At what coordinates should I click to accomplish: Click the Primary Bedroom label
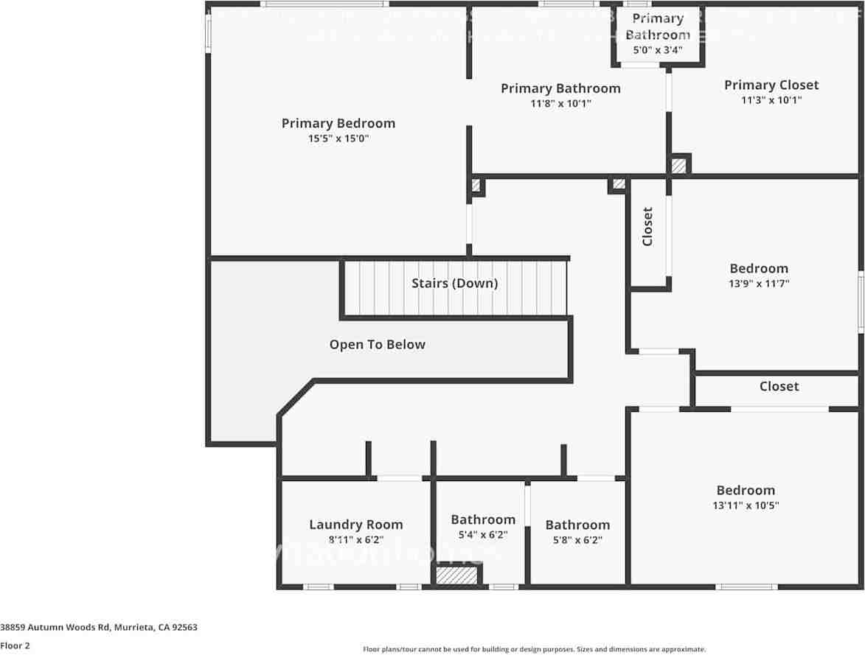(338, 123)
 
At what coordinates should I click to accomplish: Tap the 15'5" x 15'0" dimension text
(338, 139)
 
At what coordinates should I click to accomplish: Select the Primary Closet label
(771, 85)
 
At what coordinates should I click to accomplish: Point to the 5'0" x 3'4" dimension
(657, 50)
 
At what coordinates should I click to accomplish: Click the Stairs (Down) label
(454, 283)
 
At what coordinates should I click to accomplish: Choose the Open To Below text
(377, 344)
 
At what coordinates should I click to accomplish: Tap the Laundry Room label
(355, 525)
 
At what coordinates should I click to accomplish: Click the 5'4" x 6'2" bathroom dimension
(482, 535)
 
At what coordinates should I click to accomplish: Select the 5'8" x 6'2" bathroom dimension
(577, 539)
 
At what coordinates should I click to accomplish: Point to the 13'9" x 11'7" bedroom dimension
(759, 284)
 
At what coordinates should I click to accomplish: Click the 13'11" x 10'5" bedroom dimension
(746, 505)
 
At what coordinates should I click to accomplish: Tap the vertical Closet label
(647, 226)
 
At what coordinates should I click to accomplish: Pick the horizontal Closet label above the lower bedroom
(779, 386)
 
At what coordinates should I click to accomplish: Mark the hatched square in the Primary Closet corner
(679, 165)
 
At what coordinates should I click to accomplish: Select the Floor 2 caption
(15, 645)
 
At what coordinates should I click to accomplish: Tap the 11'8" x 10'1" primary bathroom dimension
(560, 104)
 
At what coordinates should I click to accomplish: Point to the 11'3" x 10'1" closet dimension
(771, 100)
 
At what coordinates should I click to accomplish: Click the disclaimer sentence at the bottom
(534, 649)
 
